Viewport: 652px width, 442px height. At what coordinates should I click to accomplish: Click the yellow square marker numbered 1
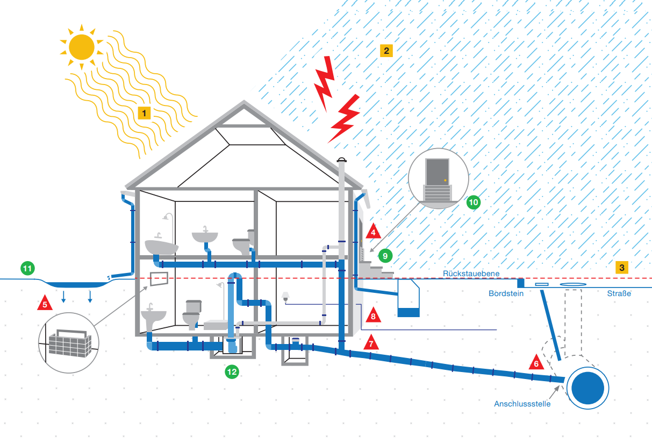(x=144, y=113)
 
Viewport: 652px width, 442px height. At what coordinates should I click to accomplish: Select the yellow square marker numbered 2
(x=386, y=51)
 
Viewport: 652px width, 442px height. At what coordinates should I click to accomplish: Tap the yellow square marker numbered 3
(x=621, y=267)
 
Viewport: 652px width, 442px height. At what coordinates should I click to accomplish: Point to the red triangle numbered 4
(x=373, y=233)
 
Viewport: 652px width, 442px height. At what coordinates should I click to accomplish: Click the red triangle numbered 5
(x=45, y=304)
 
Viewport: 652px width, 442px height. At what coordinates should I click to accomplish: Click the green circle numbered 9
(x=384, y=256)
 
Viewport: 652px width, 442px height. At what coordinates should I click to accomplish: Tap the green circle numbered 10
(x=474, y=202)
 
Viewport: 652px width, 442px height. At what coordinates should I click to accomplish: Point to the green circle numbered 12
(x=232, y=371)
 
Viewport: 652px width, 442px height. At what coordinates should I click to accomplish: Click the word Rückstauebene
(x=471, y=273)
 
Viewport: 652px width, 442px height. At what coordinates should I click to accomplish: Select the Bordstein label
(x=506, y=294)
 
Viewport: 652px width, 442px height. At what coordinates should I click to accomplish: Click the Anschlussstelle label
(x=522, y=404)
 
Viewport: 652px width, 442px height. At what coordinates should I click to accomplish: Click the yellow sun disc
(x=82, y=47)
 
